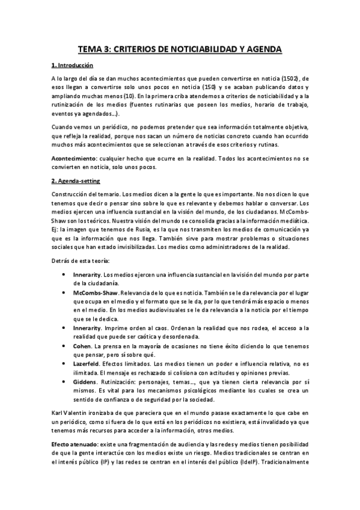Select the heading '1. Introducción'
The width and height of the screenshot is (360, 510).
pos(72,65)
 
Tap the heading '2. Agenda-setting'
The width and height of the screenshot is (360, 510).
pos(76,180)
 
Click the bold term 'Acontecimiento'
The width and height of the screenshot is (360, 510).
pos(73,158)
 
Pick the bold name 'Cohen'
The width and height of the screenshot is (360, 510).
pos(82,346)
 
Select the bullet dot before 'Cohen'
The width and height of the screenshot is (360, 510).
pos(64,346)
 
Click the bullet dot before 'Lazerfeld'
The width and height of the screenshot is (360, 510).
pos(64,363)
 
